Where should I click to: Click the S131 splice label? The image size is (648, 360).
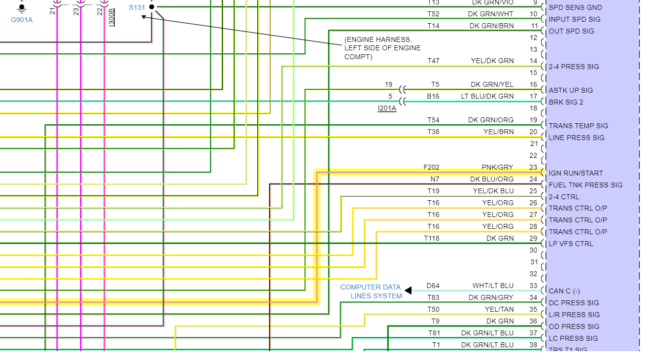point(136,7)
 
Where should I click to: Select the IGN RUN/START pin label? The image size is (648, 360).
point(576,173)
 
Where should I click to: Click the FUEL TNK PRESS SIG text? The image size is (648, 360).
point(585,185)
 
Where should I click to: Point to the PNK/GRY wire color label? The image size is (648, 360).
point(497,167)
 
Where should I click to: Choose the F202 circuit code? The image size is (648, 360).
point(431,167)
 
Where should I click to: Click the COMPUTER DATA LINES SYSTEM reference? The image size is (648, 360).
point(371,291)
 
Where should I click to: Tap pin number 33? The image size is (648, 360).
point(533,286)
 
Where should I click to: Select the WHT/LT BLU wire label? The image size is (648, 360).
point(493,286)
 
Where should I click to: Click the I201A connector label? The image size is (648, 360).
point(387,108)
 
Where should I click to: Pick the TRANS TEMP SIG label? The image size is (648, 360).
point(578,126)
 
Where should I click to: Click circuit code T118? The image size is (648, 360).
point(431,238)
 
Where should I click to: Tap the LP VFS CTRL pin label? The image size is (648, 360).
point(571,244)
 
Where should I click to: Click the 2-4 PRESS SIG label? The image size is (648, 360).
point(574,67)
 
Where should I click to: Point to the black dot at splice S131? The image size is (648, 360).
point(152,7)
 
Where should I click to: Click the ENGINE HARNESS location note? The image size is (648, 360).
point(382,48)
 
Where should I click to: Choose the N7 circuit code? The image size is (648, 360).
point(434,179)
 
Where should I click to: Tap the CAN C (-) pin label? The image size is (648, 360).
point(564,291)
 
